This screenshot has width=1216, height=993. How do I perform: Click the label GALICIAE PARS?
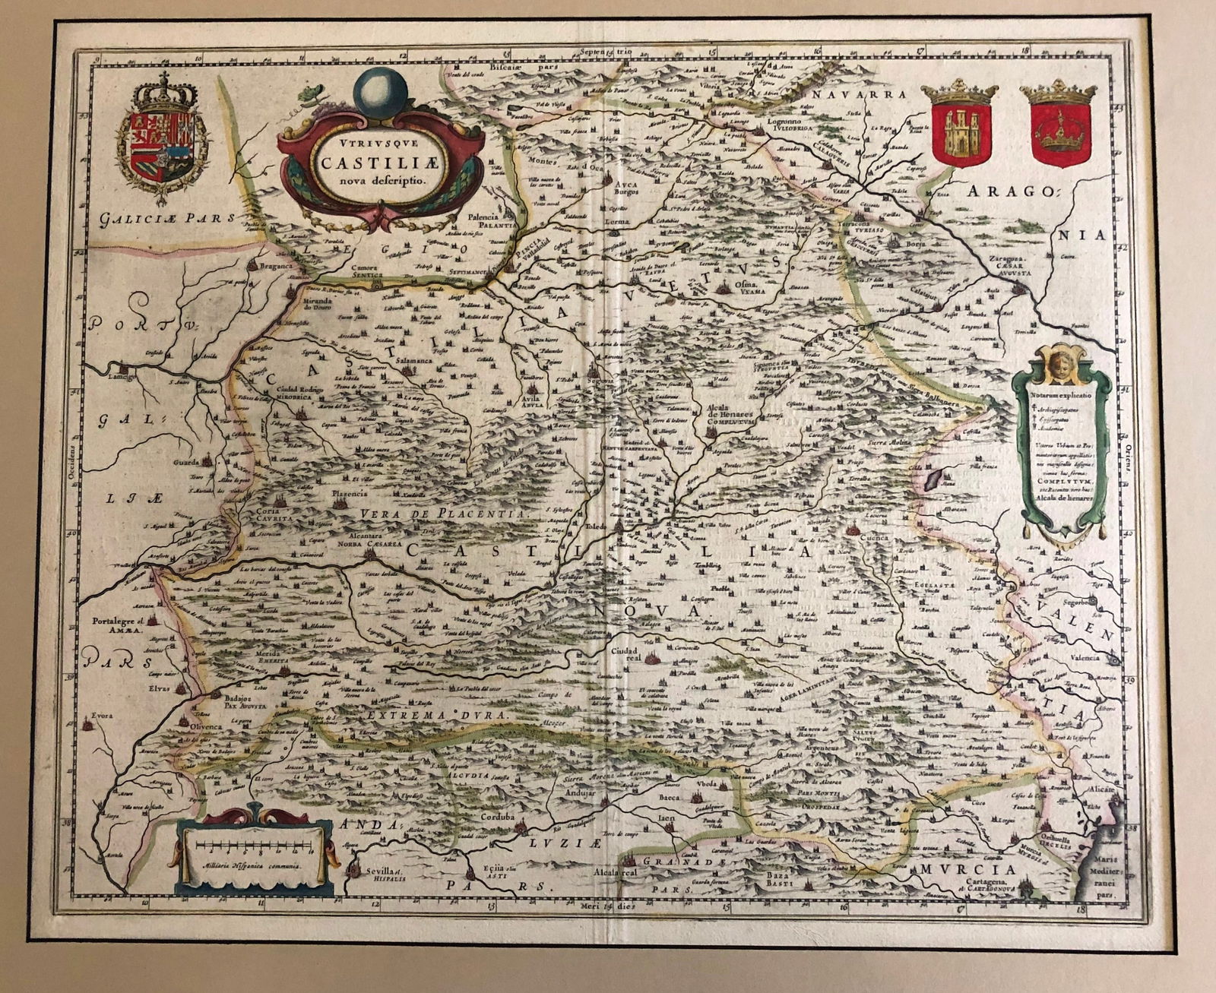pos(158,219)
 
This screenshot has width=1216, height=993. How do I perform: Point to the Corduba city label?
pos(499,817)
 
